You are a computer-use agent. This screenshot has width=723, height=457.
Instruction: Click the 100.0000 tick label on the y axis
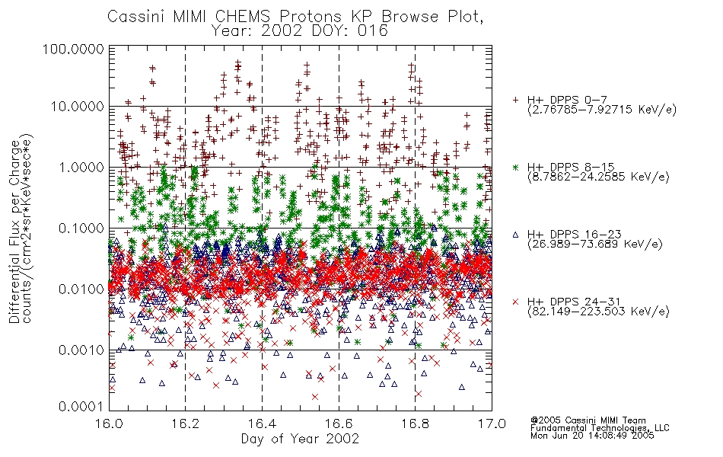[x=73, y=49]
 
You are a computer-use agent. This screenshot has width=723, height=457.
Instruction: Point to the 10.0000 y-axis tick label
[x=78, y=107]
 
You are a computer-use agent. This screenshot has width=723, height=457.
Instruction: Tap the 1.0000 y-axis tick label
[x=81, y=167]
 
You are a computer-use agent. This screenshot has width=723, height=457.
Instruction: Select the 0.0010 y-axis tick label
[x=81, y=350]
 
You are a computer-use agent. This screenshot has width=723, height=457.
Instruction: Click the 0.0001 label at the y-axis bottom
[x=81, y=407]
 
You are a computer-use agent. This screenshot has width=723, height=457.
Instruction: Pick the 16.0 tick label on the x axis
[x=110, y=423]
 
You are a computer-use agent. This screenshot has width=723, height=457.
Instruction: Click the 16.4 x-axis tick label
[x=263, y=423]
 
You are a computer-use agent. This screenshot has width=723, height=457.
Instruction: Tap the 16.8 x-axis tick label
[x=415, y=423]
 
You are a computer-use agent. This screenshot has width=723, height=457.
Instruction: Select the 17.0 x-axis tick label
[x=492, y=423]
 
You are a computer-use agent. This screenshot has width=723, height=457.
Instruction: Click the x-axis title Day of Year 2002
[x=300, y=439]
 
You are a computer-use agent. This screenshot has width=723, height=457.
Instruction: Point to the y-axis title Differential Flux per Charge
[x=14, y=231]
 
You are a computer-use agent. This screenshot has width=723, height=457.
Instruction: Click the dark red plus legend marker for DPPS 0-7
[x=516, y=100]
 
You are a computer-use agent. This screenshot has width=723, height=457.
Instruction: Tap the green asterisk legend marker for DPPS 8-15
[x=516, y=167]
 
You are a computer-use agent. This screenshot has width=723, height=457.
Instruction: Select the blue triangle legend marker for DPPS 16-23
[x=516, y=235]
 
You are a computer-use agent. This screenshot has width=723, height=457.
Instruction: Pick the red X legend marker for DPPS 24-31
[x=516, y=302]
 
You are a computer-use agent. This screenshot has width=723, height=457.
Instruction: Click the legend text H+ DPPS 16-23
[x=574, y=235]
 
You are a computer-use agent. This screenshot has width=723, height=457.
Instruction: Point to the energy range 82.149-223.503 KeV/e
[x=598, y=312]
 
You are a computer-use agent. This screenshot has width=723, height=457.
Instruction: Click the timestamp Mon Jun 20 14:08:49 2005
[x=592, y=436]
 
